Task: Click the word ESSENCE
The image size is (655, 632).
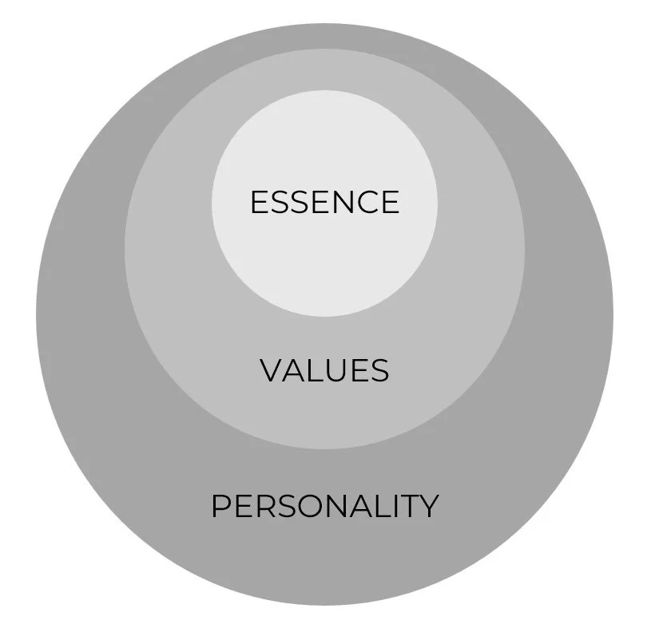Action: coord(324,202)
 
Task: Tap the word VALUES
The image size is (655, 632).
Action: coord(324,370)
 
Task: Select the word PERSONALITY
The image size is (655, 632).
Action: coord(324,506)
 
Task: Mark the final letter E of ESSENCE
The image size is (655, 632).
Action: coord(389,202)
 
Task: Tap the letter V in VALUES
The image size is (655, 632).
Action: coord(272,370)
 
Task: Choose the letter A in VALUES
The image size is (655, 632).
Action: coord(294,370)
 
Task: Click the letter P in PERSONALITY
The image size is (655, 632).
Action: coord(221,506)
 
